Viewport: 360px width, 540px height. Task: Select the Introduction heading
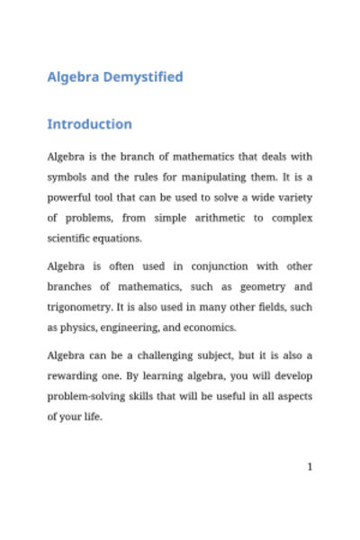pyautogui.click(x=89, y=123)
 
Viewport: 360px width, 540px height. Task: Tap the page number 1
pyautogui.click(x=310, y=467)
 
